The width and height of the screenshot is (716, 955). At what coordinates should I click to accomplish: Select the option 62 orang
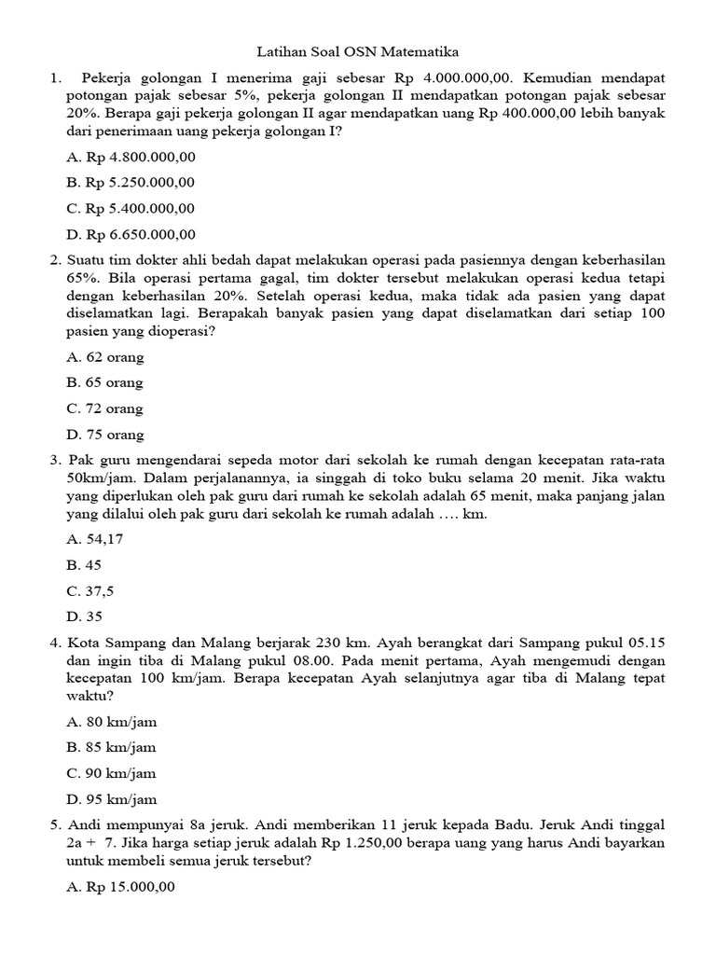[105, 356]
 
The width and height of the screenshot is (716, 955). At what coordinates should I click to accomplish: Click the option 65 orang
[105, 382]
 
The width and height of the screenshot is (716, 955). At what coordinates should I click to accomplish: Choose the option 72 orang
[105, 408]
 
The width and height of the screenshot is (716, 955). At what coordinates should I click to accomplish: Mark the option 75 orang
[105, 435]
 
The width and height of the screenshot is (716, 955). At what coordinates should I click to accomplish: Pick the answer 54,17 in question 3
[91, 539]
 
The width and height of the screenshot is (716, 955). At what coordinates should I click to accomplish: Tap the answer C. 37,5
[88, 591]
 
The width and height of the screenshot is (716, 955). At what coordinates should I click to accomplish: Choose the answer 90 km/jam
[112, 773]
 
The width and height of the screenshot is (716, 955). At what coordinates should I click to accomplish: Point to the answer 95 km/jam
[112, 799]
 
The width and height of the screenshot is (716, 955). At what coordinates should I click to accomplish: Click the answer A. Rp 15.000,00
[121, 887]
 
